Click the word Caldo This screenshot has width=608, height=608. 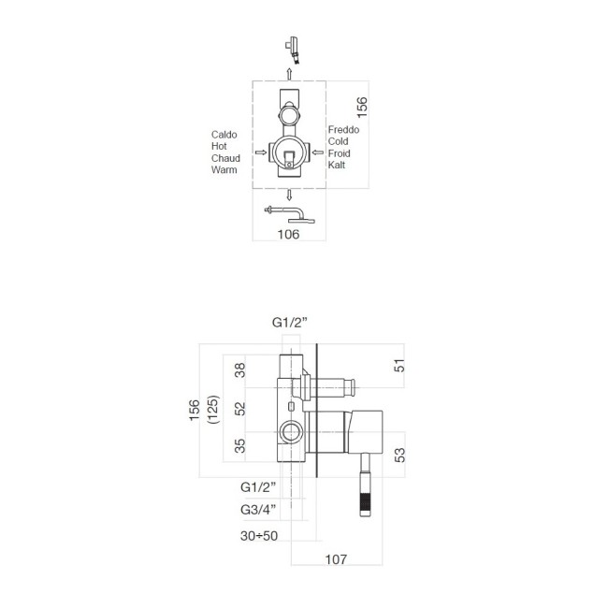tap(224, 135)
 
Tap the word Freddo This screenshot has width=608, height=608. tap(343, 129)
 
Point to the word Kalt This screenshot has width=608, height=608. tap(337, 165)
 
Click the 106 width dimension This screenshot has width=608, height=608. tap(289, 235)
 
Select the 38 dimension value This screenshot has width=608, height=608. tap(239, 370)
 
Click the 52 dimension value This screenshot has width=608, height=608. tap(239, 409)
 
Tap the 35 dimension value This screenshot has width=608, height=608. tap(239, 447)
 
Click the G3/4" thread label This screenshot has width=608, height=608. tap(257, 510)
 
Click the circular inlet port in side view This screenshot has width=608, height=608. tap(291, 432)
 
